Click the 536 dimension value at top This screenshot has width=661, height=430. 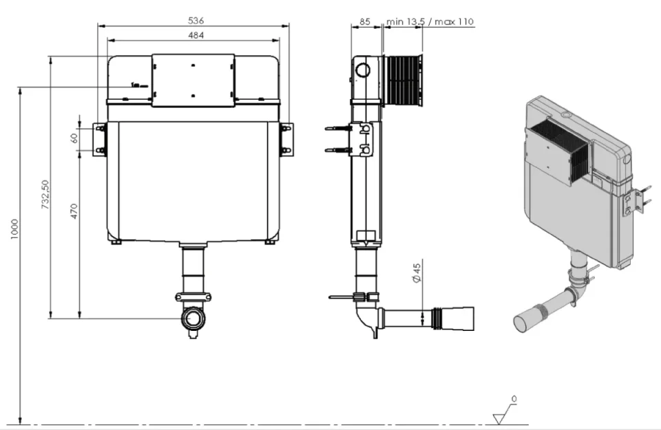[x=195, y=21]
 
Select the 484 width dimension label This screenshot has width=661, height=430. [x=195, y=34]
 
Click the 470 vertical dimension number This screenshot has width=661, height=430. [x=75, y=210]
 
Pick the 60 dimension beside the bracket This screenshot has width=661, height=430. [x=75, y=138]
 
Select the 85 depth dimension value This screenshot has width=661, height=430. [x=366, y=21]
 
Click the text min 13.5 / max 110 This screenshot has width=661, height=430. [x=430, y=21]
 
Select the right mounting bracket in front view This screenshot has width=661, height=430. [x=286, y=139]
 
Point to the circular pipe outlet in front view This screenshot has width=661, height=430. [x=193, y=320]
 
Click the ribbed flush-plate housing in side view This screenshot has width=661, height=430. [x=402, y=81]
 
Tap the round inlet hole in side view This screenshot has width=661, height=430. [x=362, y=69]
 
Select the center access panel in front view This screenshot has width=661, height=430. [x=193, y=80]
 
